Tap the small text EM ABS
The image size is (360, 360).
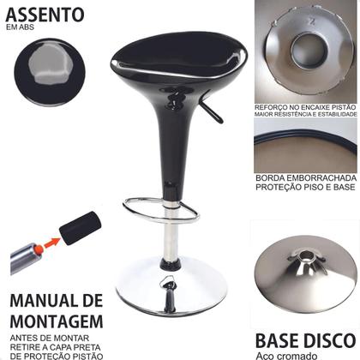click(20, 33)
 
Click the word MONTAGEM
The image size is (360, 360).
click(57, 322)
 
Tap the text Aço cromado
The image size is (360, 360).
click(294, 354)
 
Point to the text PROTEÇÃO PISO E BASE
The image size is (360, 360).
click(305, 189)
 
